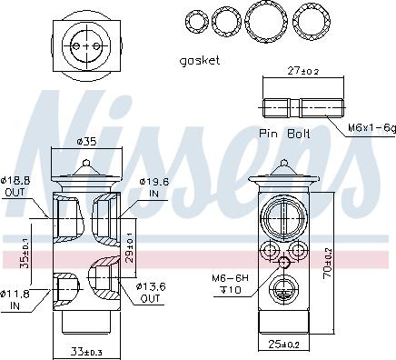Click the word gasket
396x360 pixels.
200,61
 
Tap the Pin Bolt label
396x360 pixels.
284,134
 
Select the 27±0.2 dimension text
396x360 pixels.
303,71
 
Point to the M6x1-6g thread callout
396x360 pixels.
371,127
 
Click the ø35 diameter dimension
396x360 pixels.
86,141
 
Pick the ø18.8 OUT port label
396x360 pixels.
15,186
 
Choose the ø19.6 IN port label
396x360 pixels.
154,187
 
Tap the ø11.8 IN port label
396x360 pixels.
15,299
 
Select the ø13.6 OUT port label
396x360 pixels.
151,292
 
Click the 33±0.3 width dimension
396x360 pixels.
86,352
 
